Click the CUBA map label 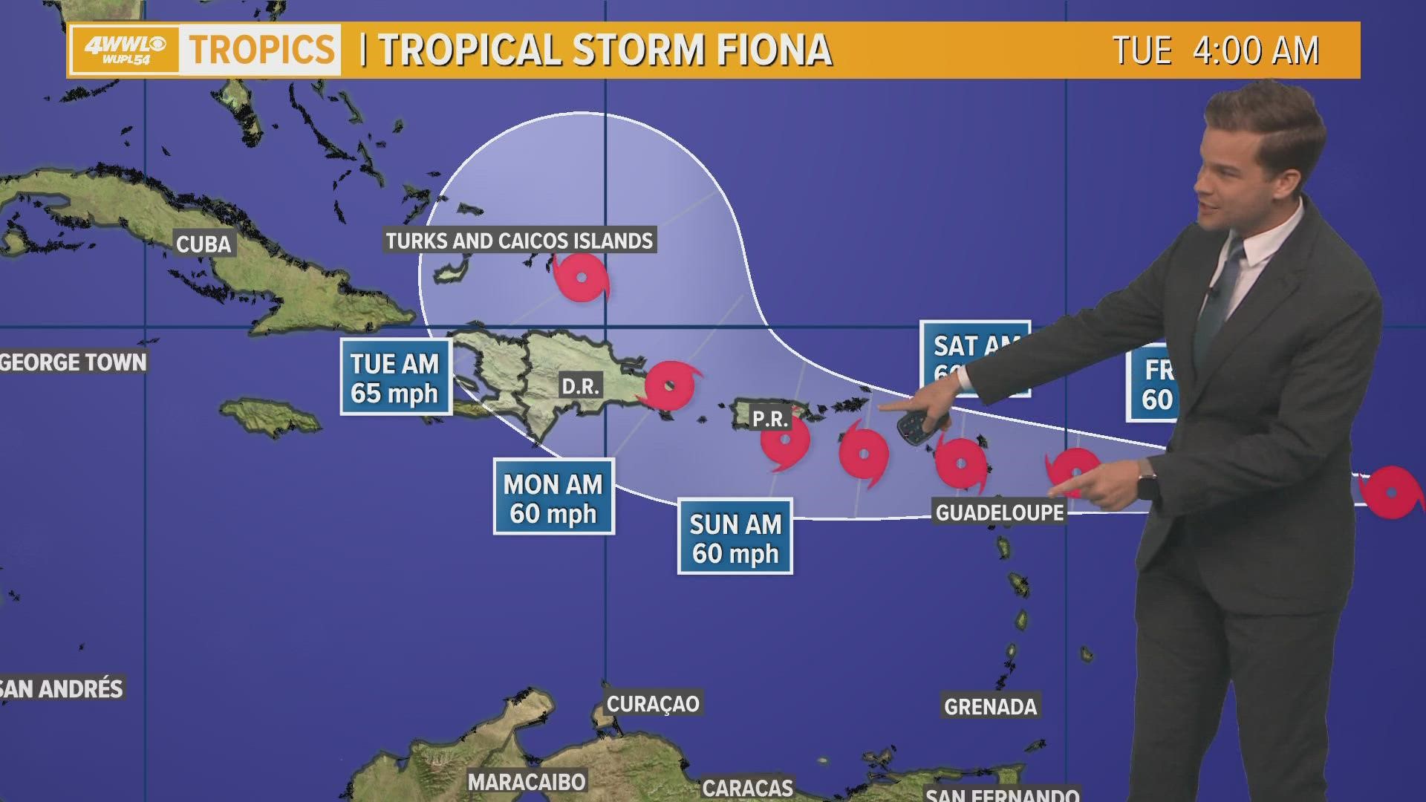[x=204, y=244]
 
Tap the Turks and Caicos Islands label [x=519, y=241]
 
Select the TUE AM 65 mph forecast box [x=396, y=377]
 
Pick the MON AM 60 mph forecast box [x=553, y=498]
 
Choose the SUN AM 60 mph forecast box [x=735, y=538]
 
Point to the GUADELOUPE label [x=1000, y=512]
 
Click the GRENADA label [x=990, y=706]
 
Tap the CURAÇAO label [x=653, y=703]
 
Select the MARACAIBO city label [x=527, y=781]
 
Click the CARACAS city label [x=747, y=787]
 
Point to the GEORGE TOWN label [x=74, y=362]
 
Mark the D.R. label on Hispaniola [x=580, y=386]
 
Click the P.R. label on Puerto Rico [x=769, y=420]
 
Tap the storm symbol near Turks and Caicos [x=582, y=278]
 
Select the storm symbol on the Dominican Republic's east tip [x=671, y=385]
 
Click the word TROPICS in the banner [x=261, y=50]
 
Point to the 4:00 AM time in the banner [x=1255, y=50]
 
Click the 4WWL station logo [x=125, y=50]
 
